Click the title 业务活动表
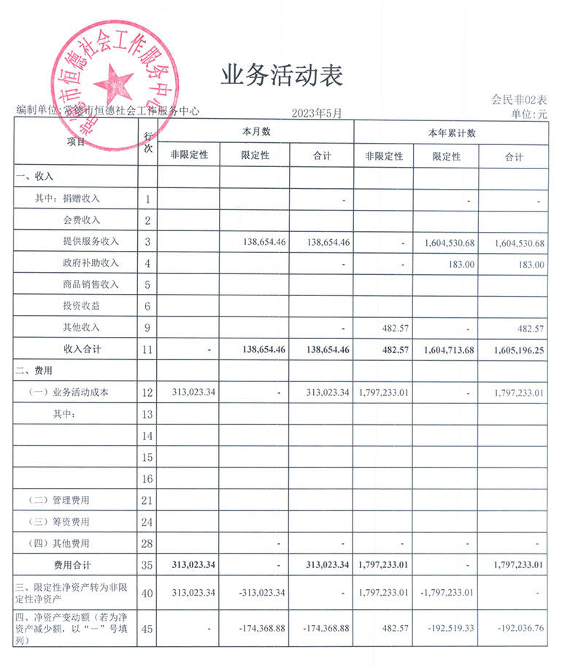tap(281, 74)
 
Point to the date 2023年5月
tap(316, 112)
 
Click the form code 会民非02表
tap(519, 100)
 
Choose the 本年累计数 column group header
tap(450, 132)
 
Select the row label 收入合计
tap(82, 349)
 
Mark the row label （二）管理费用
tap(69, 500)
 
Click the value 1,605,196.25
tap(519, 350)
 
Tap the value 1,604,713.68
tap(449, 350)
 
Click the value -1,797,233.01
tap(447, 593)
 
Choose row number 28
tap(147, 543)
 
